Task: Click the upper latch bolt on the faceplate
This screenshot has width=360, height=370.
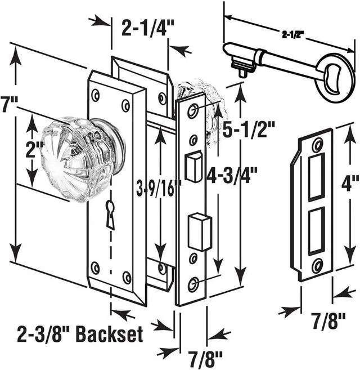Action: [193, 167]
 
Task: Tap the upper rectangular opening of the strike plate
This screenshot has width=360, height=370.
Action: [316, 176]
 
